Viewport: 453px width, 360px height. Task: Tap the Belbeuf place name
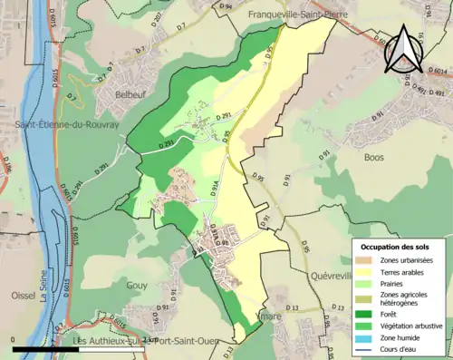120,92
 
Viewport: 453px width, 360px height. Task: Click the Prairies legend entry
395,282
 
